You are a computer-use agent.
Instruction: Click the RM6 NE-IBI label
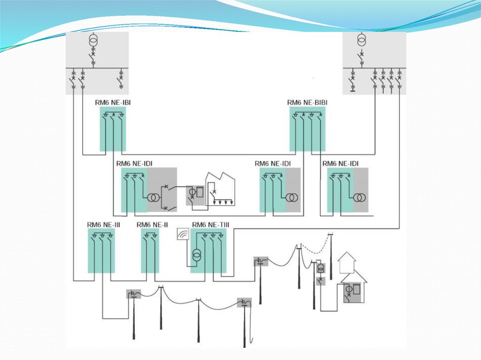110,102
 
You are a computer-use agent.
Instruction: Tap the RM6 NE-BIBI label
308,102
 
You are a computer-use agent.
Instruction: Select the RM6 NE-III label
103,225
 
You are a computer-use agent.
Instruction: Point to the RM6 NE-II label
152,225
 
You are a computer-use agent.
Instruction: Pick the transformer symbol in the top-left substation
93,41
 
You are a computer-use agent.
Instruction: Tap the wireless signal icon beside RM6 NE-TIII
182,234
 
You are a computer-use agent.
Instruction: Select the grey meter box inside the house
353,291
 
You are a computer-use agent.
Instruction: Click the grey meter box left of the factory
195,194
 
